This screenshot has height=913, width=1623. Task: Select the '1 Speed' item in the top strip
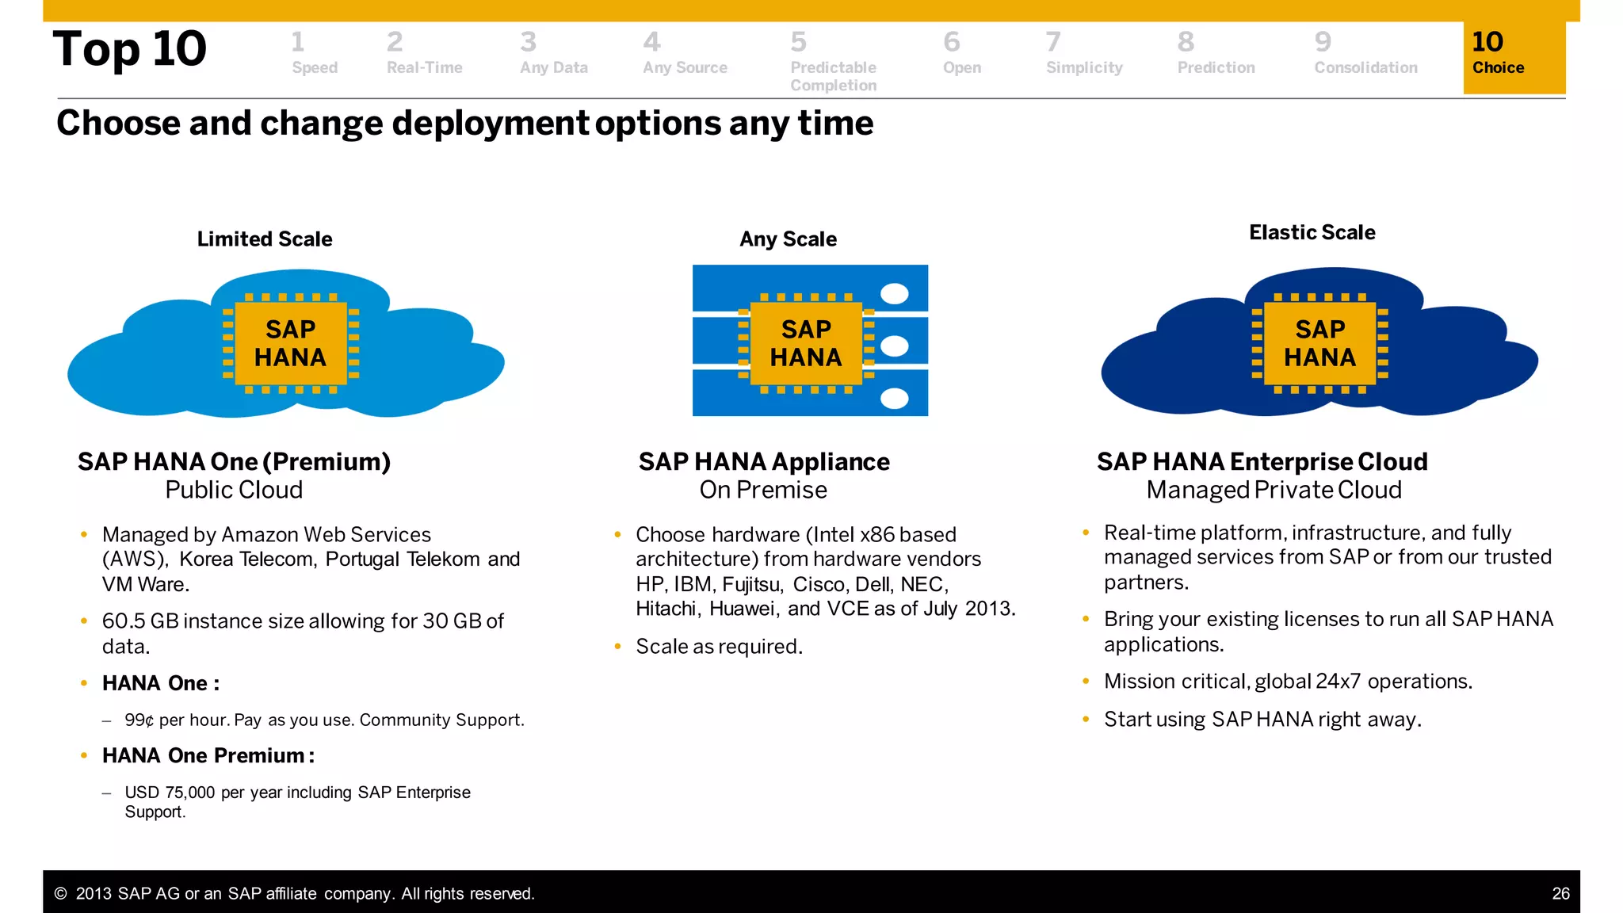(x=314, y=54)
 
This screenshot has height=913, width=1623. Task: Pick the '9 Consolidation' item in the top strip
(x=1365, y=54)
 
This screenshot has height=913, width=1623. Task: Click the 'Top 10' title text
(x=130, y=49)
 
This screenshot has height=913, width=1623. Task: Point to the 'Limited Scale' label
(x=265, y=239)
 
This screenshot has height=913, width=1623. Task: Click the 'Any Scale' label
(x=788, y=239)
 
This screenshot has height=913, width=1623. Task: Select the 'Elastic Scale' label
(x=1312, y=233)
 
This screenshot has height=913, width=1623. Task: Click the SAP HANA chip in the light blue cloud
(x=291, y=343)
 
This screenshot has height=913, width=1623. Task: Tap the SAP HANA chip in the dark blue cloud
(x=1319, y=343)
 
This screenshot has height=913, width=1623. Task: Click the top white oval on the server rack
(x=895, y=294)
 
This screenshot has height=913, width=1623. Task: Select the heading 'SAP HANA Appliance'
(x=764, y=462)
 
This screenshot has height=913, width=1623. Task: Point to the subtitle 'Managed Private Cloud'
(x=1274, y=491)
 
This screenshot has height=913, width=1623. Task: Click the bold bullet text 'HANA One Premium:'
(x=208, y=756)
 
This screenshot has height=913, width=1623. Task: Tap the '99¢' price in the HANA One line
(x=139, y=720)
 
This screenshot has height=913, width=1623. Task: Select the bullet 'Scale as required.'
(x=719, y=647)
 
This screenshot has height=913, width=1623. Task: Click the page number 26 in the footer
(x=1560, y=894)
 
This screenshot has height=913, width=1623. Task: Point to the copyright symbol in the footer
(x=60, y=894)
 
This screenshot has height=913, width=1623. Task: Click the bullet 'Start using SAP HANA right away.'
(x=1262, y=720)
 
